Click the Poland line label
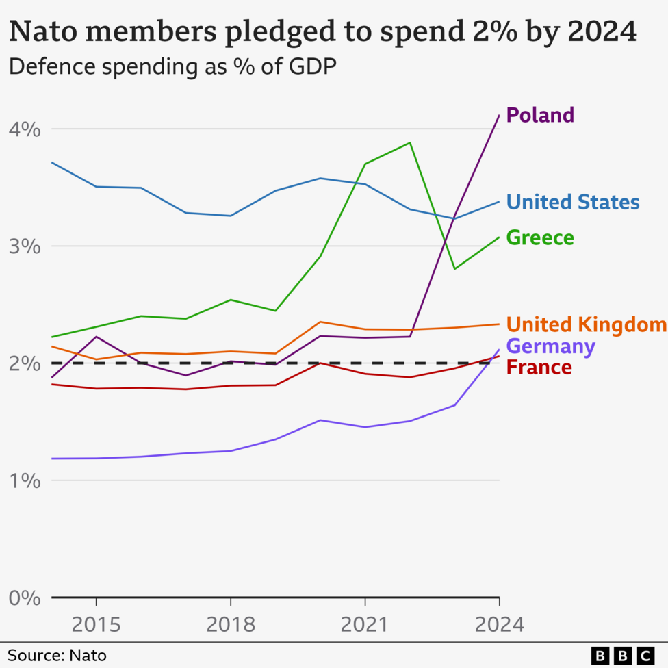pos(540,115)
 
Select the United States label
pos(573,203)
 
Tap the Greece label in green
pos(540,238)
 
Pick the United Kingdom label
pos(586,324)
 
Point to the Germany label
pos(550,346)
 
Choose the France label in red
pos(539,368)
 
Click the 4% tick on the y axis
pos(25,129)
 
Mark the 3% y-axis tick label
pos(25,246)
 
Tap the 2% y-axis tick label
pos(25,363)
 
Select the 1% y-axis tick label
pos(25,480)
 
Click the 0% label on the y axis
pos(25,598)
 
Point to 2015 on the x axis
pos(96,625)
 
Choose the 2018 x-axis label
pos(231,625)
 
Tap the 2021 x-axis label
pos(365,625)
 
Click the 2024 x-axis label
pos(499,625)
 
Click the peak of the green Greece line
pos(409,143)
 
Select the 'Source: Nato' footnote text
pos(57,656)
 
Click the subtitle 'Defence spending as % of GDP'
pos(172,67)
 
